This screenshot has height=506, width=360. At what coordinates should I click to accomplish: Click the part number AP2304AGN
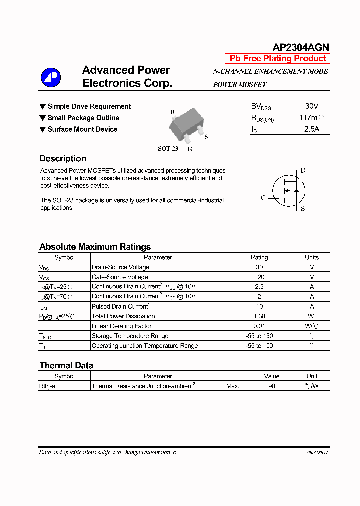301,47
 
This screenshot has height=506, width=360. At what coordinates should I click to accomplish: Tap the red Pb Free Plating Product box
278,58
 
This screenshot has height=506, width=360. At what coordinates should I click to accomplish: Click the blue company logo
51,77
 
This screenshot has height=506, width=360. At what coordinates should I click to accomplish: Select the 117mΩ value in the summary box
311,118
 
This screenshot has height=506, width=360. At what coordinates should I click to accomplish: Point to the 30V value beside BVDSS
311,106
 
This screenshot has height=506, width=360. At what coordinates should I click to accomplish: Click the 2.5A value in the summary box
311,129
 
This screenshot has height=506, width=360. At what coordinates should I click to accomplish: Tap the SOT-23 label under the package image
168,149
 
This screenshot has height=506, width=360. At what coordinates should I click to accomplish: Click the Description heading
63,159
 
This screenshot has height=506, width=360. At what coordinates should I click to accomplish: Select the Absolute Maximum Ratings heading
95,247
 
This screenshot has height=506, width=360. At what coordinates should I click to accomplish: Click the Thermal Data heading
66,365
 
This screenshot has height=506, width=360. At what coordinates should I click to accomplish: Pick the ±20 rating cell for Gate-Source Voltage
259,277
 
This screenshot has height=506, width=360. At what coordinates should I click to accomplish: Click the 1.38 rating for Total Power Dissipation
259,316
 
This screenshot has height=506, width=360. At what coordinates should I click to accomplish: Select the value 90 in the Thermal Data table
271,386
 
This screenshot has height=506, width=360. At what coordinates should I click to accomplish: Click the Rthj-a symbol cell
47,386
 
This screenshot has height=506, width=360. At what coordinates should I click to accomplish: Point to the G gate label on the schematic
263,198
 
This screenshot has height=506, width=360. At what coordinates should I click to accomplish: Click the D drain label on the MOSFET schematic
303,170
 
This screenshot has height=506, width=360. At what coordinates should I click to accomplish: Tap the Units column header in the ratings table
311,257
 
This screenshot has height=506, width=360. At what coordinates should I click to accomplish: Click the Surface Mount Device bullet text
82,129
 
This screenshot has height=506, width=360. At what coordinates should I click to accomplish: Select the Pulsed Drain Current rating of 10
259,306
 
